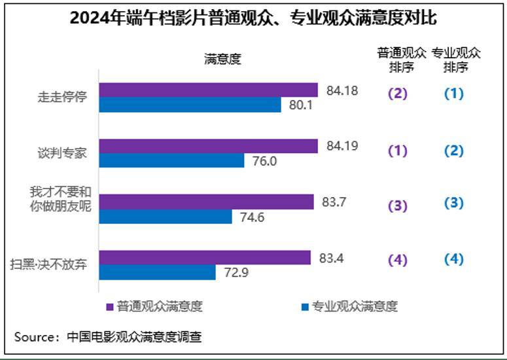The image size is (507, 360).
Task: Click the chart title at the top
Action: [253, 18]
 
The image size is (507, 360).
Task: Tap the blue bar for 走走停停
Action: [190, 105]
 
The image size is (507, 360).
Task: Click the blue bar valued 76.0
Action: [171, 160]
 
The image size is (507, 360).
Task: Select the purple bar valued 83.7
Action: [207, 202]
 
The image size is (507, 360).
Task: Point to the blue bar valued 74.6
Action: [166, 217]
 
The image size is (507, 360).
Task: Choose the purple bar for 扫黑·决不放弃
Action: [205, 258]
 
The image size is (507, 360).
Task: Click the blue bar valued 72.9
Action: [157, 272]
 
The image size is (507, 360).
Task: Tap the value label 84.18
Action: [342, 90]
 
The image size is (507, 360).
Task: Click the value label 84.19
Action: [342, 146]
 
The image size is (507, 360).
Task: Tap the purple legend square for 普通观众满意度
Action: [111, 306]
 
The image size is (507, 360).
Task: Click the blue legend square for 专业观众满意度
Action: [306, 306]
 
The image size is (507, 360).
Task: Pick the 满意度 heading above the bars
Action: [223, 59]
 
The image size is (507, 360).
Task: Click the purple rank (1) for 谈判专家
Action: [398, 151]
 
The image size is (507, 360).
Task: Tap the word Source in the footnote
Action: [36, 337]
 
